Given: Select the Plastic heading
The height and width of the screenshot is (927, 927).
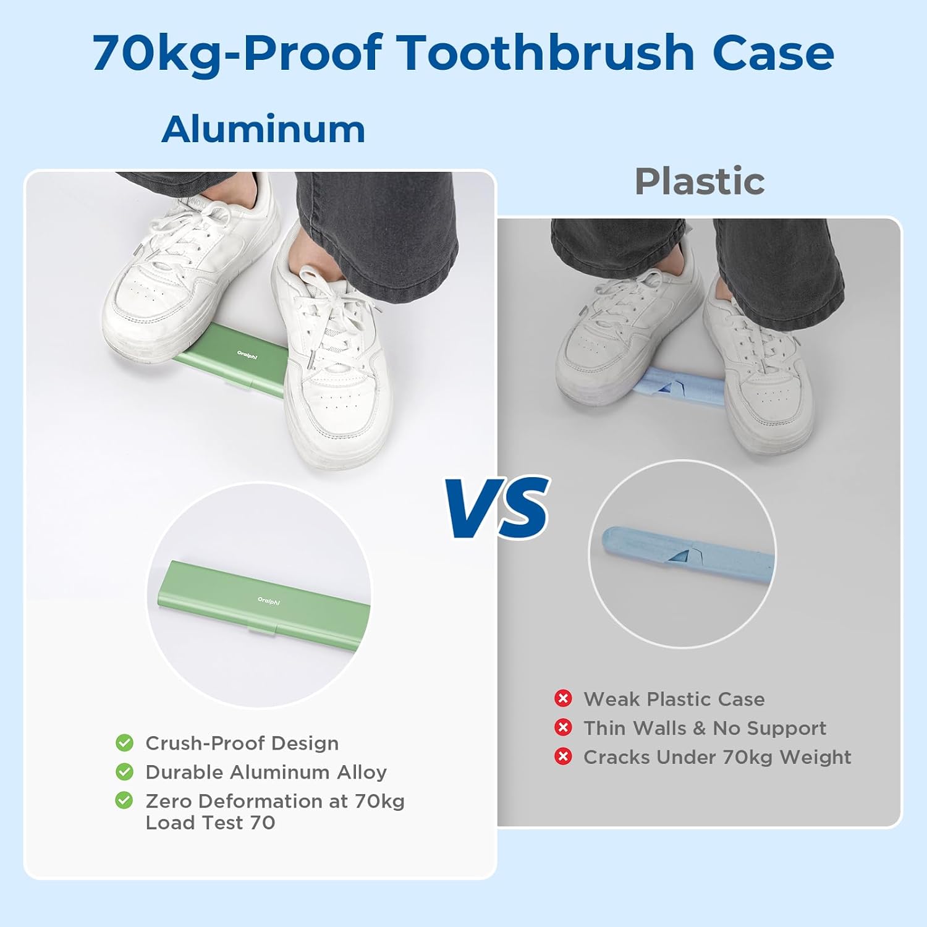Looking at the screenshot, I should tap(700, 181).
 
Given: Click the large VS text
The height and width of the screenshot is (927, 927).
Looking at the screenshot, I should tap(498, 508).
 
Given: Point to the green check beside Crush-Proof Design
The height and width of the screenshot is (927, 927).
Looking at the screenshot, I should tap(124, 742).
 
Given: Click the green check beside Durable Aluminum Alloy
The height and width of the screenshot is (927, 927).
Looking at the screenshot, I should tap(124, 771).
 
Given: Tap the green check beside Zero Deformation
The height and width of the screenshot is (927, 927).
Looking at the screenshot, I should tap(124, 800).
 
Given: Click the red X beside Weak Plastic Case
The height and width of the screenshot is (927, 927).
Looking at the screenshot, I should tap(563, 698).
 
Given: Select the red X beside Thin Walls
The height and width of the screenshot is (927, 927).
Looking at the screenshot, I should tap(563, 727).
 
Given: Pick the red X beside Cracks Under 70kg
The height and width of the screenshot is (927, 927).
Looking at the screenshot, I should tap(563, 756).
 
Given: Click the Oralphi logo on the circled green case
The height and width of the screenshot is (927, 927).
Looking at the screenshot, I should tap(269, 601).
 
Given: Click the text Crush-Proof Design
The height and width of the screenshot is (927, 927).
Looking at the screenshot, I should tap(242, 743).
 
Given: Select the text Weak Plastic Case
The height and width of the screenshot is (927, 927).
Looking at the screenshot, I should tap(674, 699).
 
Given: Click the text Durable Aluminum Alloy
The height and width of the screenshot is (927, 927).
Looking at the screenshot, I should tap(266, 772).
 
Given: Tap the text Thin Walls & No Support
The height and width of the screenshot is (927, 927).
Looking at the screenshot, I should tap(705, 728).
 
